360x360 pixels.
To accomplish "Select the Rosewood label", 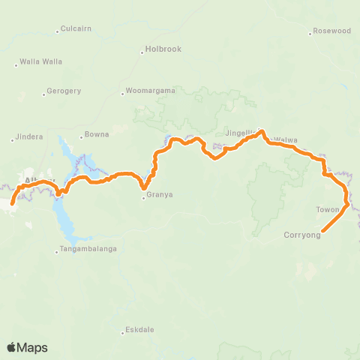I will pyautogui.click(x=332, y=31).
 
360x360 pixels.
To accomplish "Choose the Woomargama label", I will pyautogui.click(x=151, y=91).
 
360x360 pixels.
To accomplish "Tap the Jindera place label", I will pyautogui.click(x=30, y=137).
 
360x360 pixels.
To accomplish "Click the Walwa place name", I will pyautogui.click(x=286, y=139).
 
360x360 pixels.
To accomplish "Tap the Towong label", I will pyautogui.click(x=328, y=209).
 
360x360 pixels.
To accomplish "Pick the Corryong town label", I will pyautogui.click(x=302, y=235).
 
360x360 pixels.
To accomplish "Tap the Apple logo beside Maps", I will pyautogui.click(x=12, y=347).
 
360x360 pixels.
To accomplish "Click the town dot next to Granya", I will pyautogui.click(x=143, y=199).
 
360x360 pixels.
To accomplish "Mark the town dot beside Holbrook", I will pyautogui.click(x=142, y=53).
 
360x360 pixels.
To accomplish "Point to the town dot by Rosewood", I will pyautogui.click(x=310, y=33).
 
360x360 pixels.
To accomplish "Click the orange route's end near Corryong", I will pyautogui.click(x=322, y=230).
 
